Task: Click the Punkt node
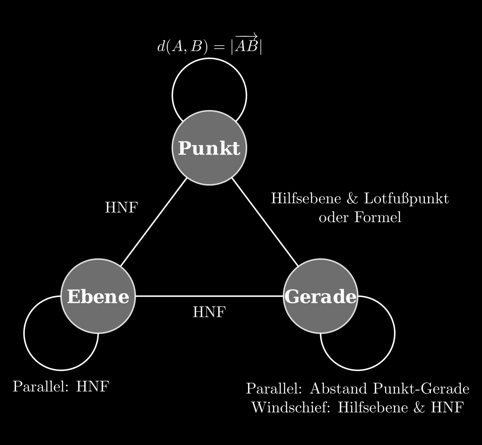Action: click(209, 148)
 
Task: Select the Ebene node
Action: click(98, 296)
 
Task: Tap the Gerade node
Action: click(321, 296)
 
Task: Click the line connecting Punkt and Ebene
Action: click(154, 222)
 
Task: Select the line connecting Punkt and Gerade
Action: click(265, 222)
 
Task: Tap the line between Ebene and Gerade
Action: click(209, 296)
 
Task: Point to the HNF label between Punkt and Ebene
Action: click(121, 208)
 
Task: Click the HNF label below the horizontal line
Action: click(209, 312)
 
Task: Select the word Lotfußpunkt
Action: click(406, 199)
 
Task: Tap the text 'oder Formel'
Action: click(360, 217)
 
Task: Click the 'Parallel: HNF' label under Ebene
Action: click(61, 386)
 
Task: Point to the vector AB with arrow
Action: click(246, 46)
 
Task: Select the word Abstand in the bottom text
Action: click(339, 389)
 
